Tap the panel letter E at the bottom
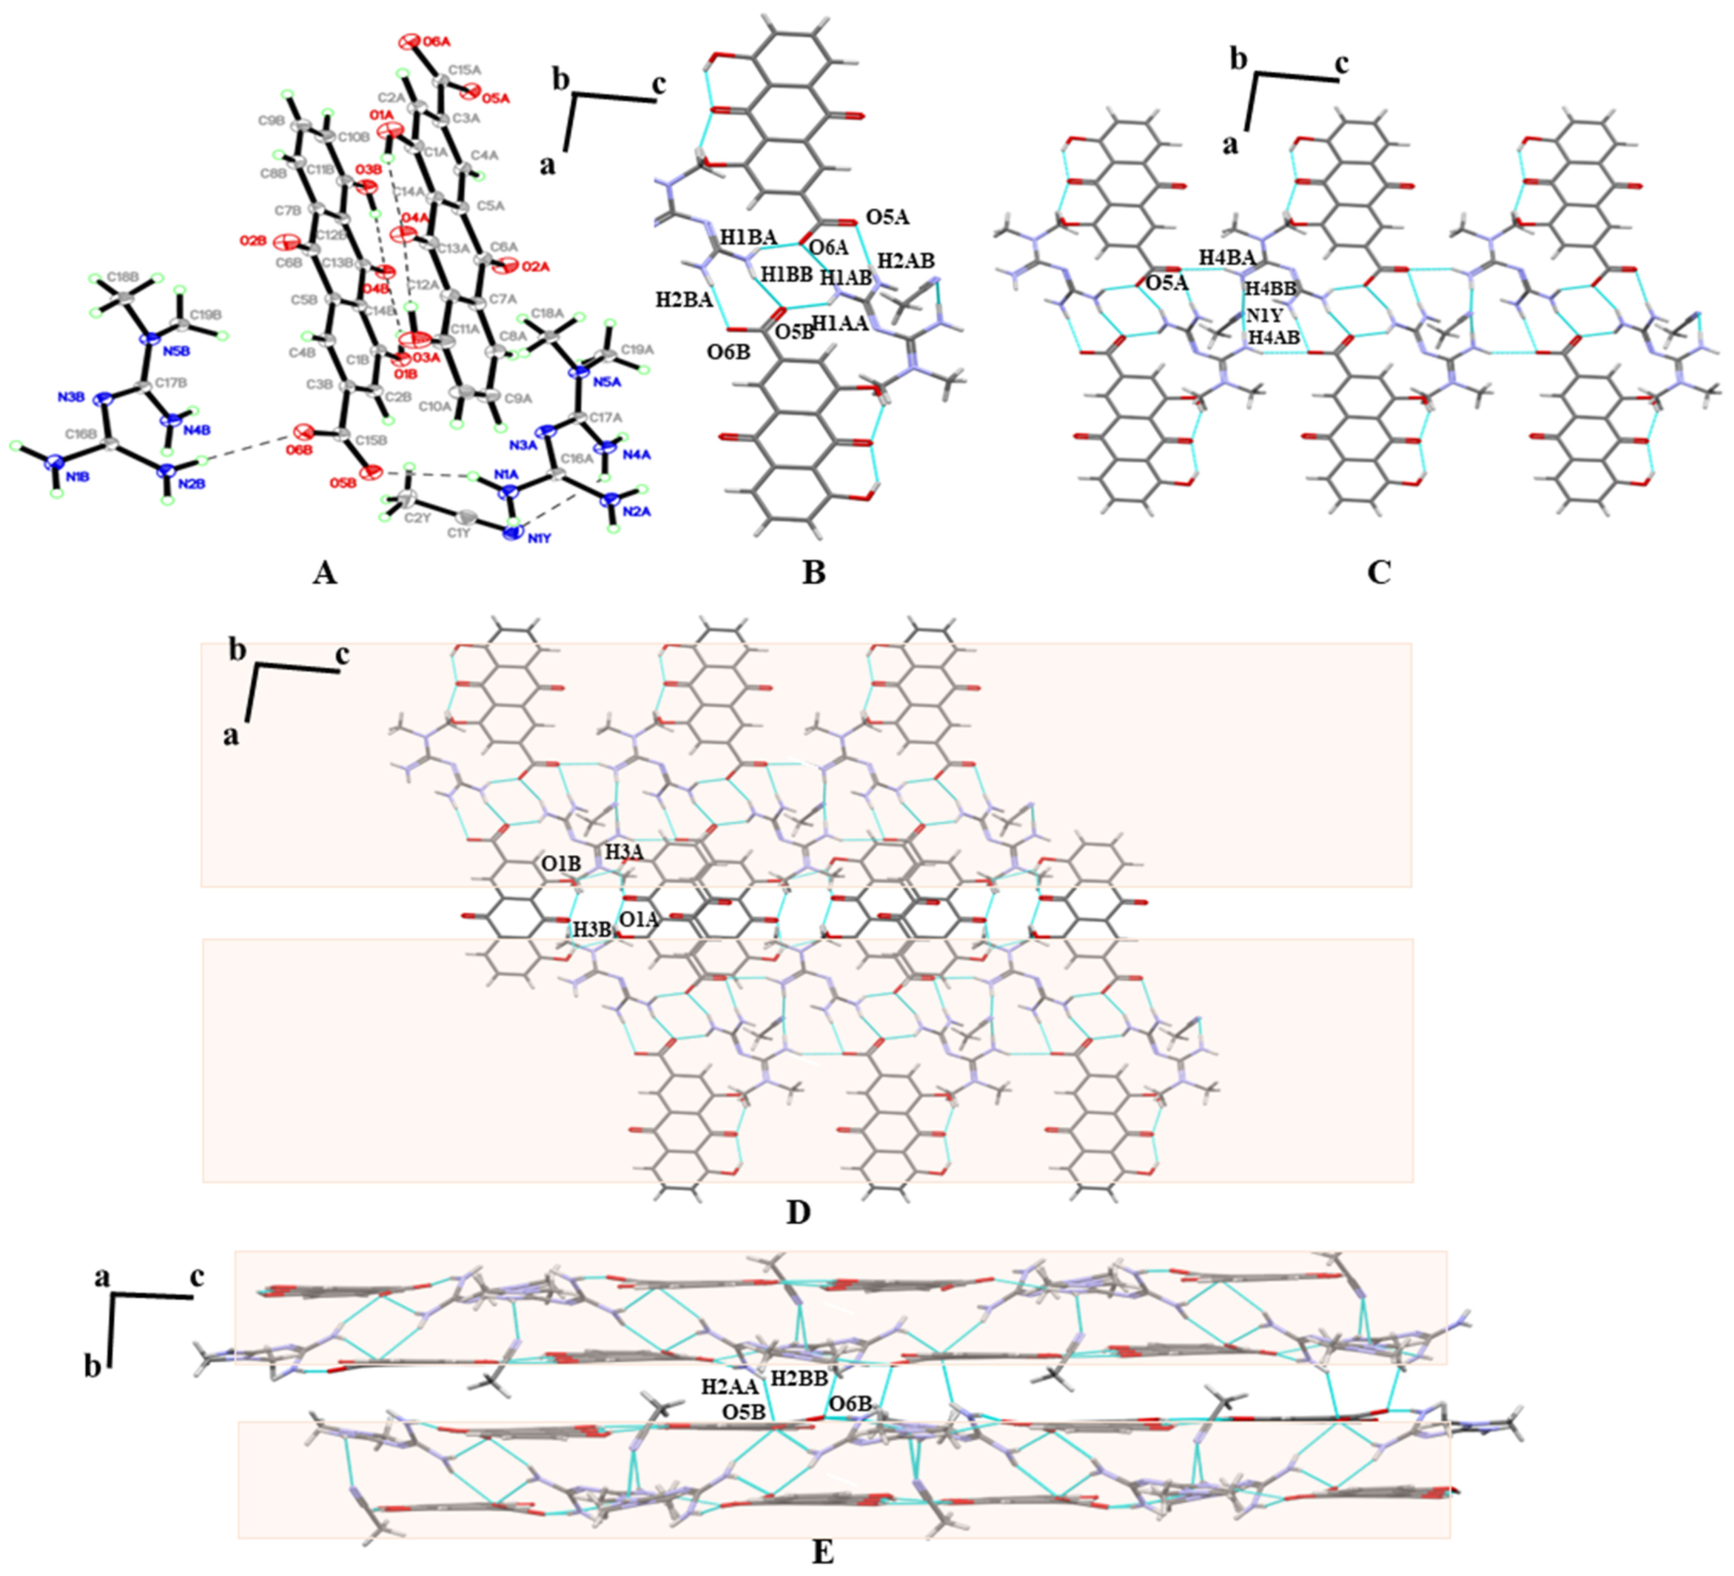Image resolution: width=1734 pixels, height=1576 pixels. pyautogui.click(x=822, y=1553)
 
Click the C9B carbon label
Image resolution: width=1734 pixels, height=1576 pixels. pyautogui.click(x=271, y=121)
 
